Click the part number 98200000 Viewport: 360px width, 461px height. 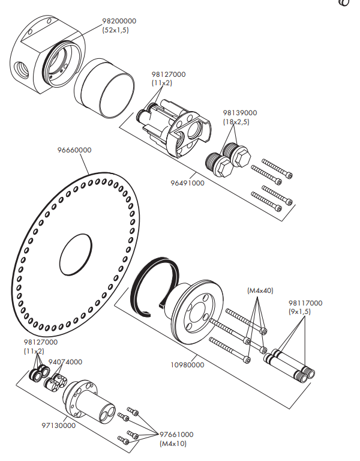point(119,21)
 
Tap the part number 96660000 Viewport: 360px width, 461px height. point(74,150)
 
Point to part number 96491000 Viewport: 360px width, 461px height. point(188,183)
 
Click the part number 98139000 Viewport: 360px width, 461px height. point(240,112)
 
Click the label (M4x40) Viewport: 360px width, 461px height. point(260,291)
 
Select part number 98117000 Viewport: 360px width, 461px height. point(305,303)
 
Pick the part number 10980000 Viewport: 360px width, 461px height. point(187,364)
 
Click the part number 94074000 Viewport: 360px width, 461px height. point(65,362)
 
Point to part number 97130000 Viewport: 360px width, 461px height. point(58,426)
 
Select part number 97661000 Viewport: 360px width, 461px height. point(176,434)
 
